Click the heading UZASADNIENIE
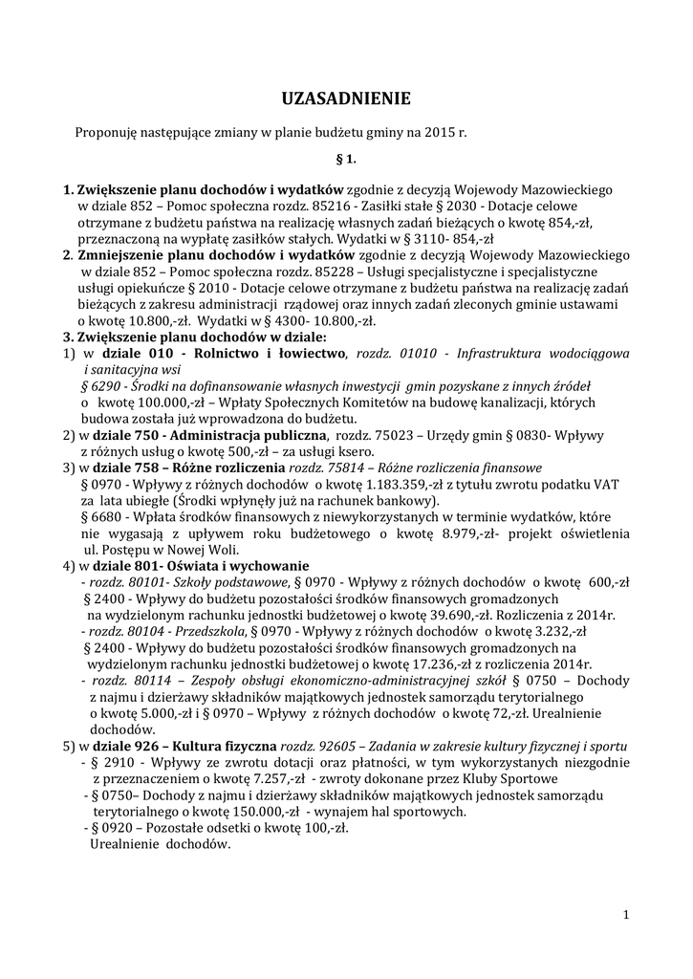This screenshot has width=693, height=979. click(x=346, y=98)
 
